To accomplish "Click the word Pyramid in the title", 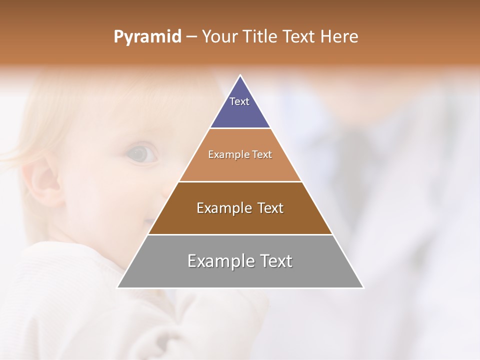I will [147, 37].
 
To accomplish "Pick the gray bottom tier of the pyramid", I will [240, 275].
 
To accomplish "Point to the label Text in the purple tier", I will [239, 101].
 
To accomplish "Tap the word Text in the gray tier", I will [275, 261].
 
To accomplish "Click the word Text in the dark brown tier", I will [270, 208].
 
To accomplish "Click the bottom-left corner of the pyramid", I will [117, 287].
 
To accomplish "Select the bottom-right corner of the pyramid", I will [363, 287].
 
